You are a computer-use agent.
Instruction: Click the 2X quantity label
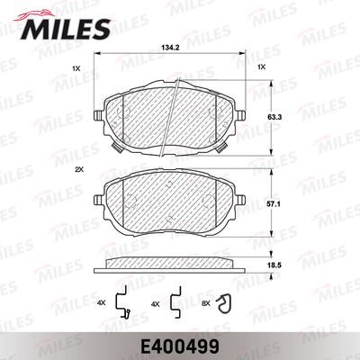coord(79,169)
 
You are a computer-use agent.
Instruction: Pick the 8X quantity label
coord(206,304)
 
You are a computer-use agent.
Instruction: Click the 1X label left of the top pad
coord(76,68)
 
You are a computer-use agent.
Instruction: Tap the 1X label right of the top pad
coord(262,67)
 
